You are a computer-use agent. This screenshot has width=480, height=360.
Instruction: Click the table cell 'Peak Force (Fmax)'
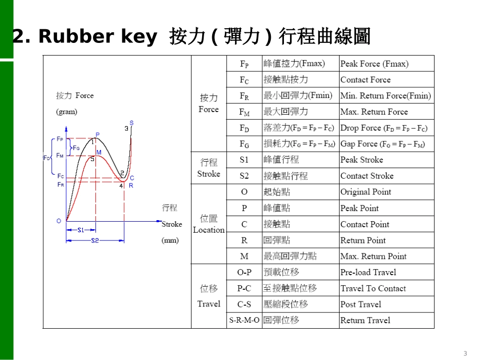coord(374,64)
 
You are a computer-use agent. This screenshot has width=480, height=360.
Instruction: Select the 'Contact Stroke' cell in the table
coord(367,176)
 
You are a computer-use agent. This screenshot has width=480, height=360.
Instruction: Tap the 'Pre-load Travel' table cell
coord(368,272)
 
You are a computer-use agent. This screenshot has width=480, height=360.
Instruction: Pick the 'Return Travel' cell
coord(365,320)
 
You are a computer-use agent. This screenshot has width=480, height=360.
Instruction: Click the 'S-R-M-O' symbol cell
coord(244,320)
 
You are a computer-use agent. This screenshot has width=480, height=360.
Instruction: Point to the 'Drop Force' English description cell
coord(384,128)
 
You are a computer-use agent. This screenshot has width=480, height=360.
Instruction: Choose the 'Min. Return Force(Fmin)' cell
coord(386,95)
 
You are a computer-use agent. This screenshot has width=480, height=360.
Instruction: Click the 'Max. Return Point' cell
coord(373,256)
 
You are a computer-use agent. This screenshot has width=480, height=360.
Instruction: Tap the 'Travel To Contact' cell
coord(373,288)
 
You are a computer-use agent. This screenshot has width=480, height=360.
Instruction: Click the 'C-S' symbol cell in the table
coord(244,304)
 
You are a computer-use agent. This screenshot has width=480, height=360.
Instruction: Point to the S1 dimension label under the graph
coord(81,230)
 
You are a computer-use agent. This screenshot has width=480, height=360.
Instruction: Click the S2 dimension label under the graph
coord(94,241)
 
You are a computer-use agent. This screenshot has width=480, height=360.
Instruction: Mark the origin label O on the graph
coord(59,221)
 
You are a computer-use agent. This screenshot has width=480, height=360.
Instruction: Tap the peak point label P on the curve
coord(97,134)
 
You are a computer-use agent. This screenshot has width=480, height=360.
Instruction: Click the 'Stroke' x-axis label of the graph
coord(172,224)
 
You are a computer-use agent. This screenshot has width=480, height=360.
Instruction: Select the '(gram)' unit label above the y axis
coord(67,112)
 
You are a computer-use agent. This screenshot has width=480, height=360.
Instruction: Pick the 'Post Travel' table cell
coord(361,304)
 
